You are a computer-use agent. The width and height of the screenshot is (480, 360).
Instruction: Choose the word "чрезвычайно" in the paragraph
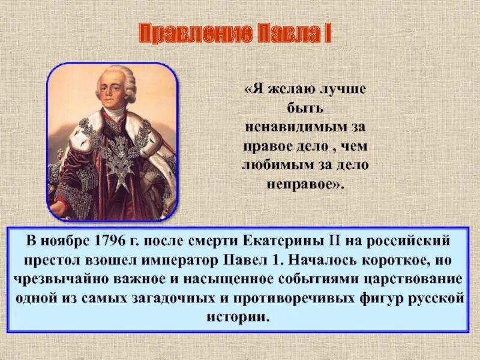tap(64, 280)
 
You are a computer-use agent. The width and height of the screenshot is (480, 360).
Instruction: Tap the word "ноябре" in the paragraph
tap(66, 242)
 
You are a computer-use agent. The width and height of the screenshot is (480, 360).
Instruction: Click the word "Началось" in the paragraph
tap(329, 261)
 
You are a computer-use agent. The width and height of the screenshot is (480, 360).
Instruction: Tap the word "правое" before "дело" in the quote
tap(266, 146)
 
